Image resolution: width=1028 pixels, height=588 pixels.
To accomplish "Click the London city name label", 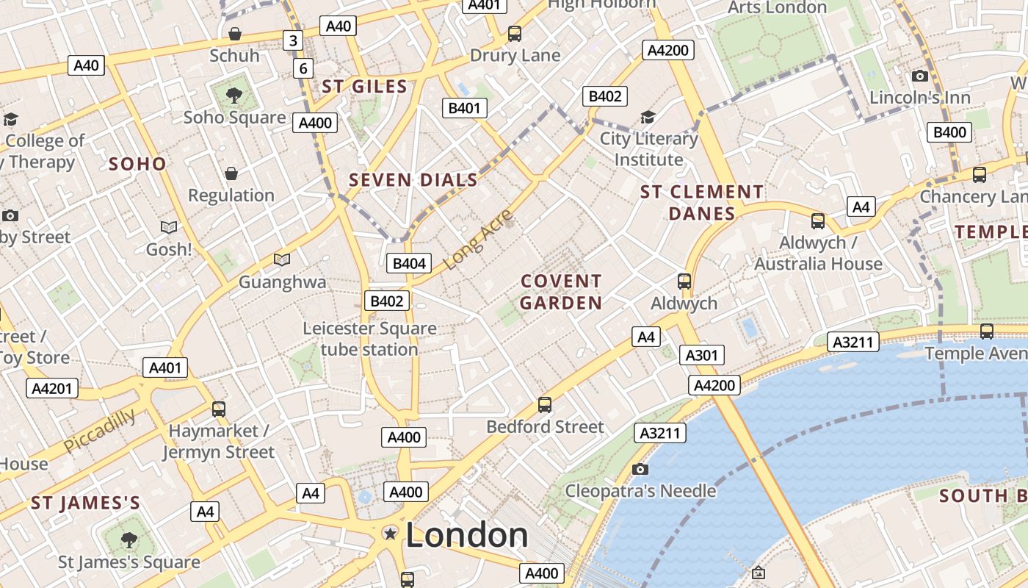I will [x=466, y=535].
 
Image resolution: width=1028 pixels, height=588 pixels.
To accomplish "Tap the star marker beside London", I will [x=391, y=534].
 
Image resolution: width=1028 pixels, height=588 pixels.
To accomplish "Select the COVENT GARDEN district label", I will [x=561, y=292].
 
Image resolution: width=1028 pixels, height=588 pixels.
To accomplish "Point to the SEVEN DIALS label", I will [x=413, y=180].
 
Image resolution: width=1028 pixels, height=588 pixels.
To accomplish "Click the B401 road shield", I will [x=464, y=109].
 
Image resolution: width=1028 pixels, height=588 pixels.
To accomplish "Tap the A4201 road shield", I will [x=52, y=387].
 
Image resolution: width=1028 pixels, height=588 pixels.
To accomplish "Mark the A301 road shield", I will [x=701, y=356].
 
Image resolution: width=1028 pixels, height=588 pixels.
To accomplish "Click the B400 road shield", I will [x=949, y=132].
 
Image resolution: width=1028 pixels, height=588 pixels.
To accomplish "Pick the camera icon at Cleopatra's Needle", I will [x=640, y=469].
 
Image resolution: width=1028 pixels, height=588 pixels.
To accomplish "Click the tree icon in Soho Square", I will [x=234, y=94].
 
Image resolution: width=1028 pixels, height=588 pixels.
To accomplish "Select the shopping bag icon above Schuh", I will [x=234, y=34].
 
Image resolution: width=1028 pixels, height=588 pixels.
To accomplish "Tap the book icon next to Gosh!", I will [x=169, y=227].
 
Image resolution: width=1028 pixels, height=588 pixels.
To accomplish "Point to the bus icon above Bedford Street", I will [x=545, y=404].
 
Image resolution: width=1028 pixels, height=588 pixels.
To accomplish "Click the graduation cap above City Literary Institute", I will [x=648, y=117].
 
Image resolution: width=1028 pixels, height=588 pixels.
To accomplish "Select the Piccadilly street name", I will [x=99, y=431].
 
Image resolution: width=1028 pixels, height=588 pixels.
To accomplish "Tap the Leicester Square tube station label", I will [x=369, y=339].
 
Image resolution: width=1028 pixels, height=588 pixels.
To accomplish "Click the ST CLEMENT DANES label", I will [x=702, y=203].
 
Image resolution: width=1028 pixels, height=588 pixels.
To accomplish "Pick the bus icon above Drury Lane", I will [x=515, y=33].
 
